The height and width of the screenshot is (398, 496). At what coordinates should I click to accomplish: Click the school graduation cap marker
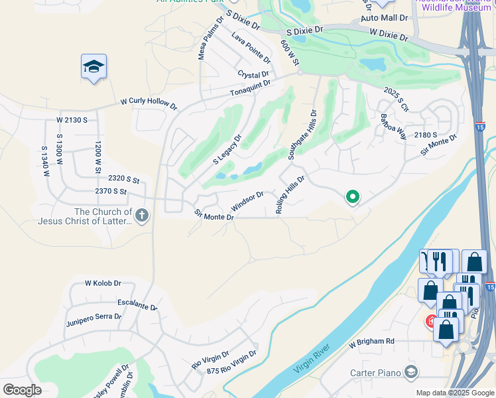[93, 66]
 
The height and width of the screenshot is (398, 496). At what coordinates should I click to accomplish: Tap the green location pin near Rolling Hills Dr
[353, 196]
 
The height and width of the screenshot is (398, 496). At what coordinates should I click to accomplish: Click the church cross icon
[142, 214]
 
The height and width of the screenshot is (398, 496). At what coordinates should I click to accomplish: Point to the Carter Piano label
[375, 371]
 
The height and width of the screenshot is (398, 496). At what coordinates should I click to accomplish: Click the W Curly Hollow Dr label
[149, 104]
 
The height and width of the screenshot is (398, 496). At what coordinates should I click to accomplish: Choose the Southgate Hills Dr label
[302, 135]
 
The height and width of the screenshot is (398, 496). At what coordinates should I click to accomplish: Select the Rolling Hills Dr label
[290, 194]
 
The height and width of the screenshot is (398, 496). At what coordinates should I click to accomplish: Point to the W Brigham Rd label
[371, 341]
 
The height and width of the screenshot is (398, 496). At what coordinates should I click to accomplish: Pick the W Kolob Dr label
[103, 283]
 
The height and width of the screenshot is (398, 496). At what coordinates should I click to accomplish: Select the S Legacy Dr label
[227, 151]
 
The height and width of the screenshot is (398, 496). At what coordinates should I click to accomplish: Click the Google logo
[22, 389]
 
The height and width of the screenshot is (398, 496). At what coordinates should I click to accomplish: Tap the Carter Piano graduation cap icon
[411, 371]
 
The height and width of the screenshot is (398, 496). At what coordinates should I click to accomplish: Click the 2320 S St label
[124, 179]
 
